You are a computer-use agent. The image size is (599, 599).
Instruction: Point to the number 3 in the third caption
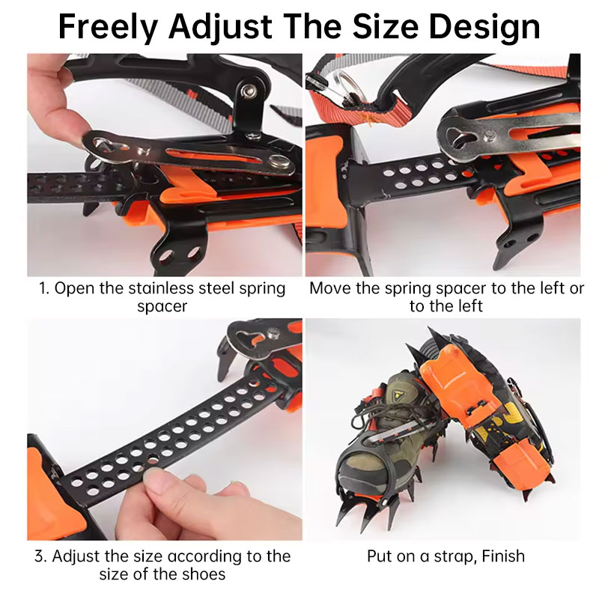click(x=40, y=556)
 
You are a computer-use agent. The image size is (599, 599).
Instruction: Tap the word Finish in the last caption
click(x=503, y=556)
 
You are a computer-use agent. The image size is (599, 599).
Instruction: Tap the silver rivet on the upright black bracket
click(x=252, y=91)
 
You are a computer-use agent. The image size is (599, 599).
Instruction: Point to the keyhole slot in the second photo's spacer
click(x=460, y=137)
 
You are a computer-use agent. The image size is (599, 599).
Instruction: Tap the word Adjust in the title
click(x=220, y=28)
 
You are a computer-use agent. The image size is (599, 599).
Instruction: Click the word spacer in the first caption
click(x=162, y=307)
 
